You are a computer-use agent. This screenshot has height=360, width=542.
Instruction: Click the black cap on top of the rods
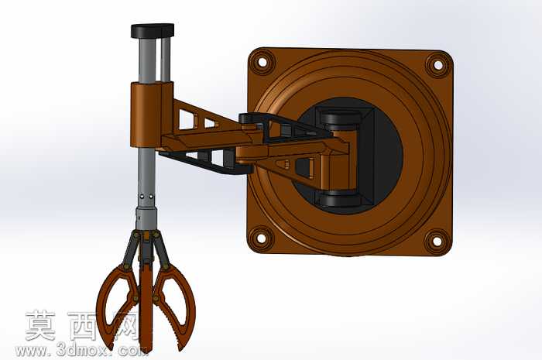(x=153, y=30)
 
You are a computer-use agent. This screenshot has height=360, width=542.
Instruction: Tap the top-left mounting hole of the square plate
(x=262, y=62)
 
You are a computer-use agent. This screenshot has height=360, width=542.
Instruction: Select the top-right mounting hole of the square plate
(x=438, y=65)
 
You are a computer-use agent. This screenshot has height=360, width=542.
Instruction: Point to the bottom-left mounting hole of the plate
(x=259, y=238)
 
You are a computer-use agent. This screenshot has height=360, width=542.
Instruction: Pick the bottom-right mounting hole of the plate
(x=437, y=242)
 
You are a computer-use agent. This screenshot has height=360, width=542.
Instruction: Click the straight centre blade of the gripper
(x=146, y=304)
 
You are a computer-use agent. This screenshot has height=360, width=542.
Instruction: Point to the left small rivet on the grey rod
(x=142, y=197)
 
